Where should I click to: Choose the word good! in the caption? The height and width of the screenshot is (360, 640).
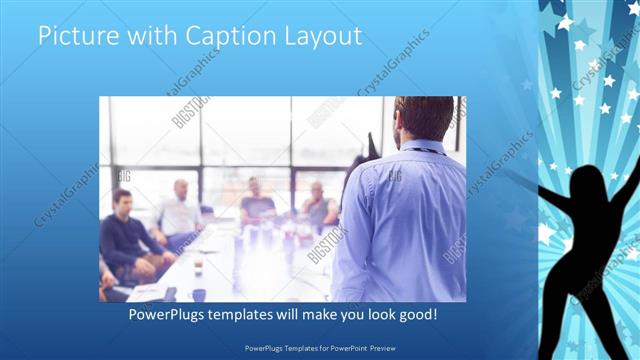[413, 315]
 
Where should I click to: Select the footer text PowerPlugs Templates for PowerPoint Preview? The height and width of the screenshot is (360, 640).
[320, 348]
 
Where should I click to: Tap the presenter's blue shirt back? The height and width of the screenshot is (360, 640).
[405, 220]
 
